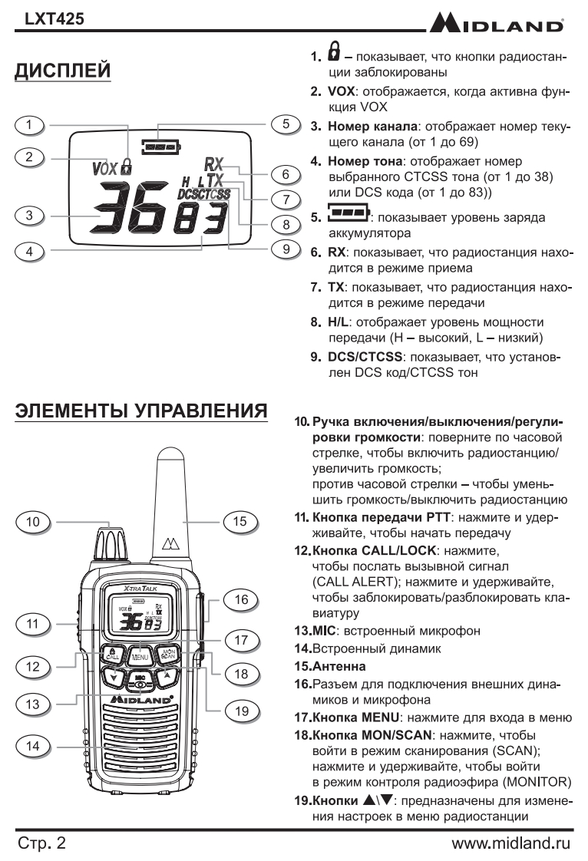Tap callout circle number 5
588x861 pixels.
[x=285, y=124]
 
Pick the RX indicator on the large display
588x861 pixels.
[x=213, y=163]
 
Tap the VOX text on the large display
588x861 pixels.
[x=104, y=166]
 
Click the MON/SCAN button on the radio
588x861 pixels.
[x=167, y=655]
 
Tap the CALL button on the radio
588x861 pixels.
[x=112, y=655]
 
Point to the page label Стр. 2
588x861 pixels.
[x=43, y=843]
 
